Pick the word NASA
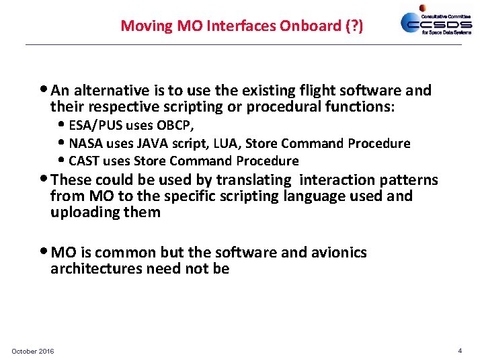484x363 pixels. coord(85,143)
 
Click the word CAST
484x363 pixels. coord(84,161)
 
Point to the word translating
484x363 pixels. coord(259,180)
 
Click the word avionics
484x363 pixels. coord(338,253)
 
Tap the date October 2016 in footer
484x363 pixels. coord(33,351)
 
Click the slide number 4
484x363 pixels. coord(460,350)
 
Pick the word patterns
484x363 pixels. coord(409,180)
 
